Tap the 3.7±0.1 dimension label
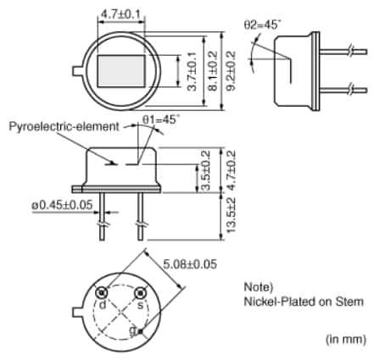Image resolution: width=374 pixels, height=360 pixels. tap(191, 71)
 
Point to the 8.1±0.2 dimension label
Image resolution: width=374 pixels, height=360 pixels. tap(212, 71)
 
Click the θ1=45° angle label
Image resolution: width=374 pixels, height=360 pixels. tap(159, 120)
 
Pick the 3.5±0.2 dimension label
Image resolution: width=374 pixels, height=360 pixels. tap(206, 170)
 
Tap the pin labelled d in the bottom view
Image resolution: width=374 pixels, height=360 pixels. tap(103, 293)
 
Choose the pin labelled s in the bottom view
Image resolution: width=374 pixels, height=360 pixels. tap(141, 293)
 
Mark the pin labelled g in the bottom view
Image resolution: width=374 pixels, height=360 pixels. tap(141, 330)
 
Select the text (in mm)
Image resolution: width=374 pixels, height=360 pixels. tap(344, 337)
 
